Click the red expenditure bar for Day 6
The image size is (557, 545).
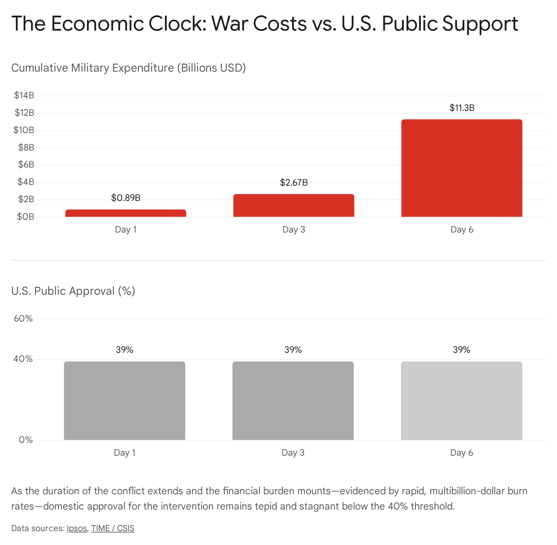(462, 168)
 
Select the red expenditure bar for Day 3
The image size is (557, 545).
(293, 205)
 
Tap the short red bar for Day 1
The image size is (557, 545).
(126, 213)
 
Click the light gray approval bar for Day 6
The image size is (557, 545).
(462, 401)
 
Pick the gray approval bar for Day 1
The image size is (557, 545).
(125, 401)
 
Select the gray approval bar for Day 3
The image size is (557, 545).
(293, 401)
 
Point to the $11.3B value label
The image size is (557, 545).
(462, 108)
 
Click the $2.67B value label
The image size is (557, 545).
(294, 182)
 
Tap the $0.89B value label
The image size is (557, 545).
(126, 198)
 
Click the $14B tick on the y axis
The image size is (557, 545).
(24, 95)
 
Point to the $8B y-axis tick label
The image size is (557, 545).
(26, 147)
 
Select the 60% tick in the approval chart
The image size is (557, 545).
(23, 318)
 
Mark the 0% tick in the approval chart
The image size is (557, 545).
(26, 440)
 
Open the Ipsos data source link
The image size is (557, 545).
(77, 528)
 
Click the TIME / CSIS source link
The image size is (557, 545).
(112, 528)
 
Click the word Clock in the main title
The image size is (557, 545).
(177, 24)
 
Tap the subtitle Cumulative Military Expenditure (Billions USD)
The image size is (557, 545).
(128, 67)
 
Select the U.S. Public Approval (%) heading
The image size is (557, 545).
(73, 291)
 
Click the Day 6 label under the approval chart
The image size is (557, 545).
(462, 453)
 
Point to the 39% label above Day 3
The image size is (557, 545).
(293, 350)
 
